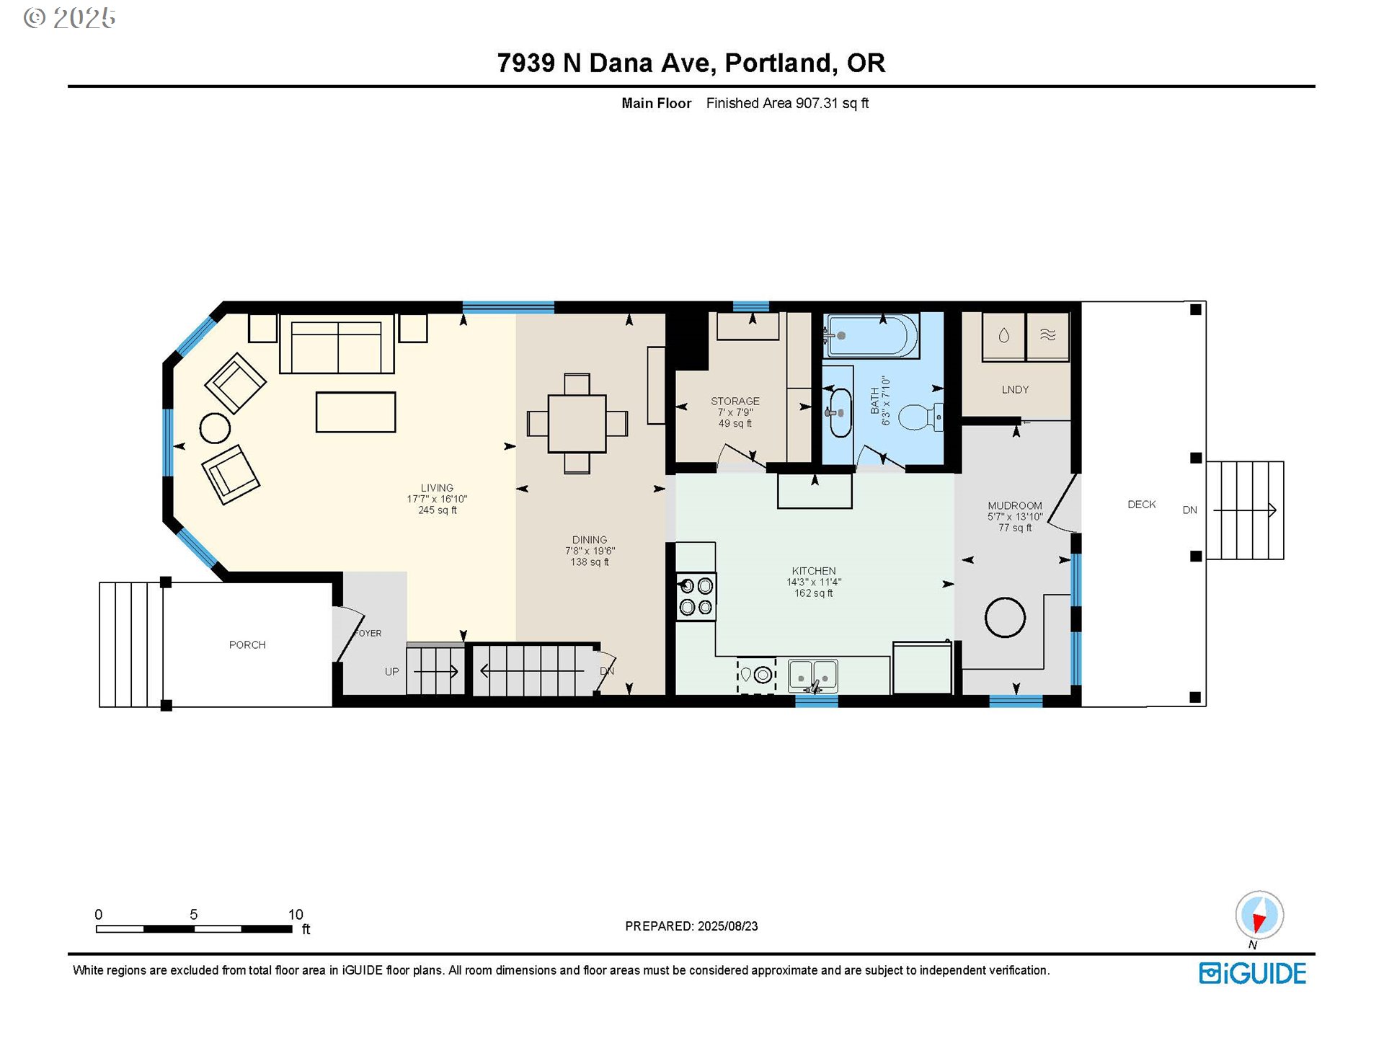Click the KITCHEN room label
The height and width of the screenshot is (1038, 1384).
(x=814, y=571)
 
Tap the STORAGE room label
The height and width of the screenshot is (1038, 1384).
(x=735, y=402)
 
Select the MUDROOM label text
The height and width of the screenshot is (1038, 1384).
(x=1015, y=506)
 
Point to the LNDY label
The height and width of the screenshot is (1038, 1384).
(x=1015, y=390)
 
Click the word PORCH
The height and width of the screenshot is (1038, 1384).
(x=247, y=645)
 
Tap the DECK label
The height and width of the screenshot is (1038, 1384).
(x=1142, y=505)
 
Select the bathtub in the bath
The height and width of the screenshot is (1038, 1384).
(x=871, y=335)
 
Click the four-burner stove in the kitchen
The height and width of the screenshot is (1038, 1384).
(x=696, y=597)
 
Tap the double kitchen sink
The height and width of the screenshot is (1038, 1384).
(x=813, y=676)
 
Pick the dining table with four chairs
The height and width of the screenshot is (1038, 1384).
(x=577, y=424)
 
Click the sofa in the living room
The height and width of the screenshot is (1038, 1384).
(x=337, y=344)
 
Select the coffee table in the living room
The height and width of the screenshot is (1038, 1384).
(x=355, y=412)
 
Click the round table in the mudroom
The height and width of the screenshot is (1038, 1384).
(x=1005, y=618)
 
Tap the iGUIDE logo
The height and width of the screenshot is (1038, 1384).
(x=1253, y=973)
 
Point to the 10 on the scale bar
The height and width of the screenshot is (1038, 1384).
(x=296, y=915)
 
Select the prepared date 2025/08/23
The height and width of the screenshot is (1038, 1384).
(x=728, y=926)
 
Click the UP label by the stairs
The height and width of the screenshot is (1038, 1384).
(x=391, y=672)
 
